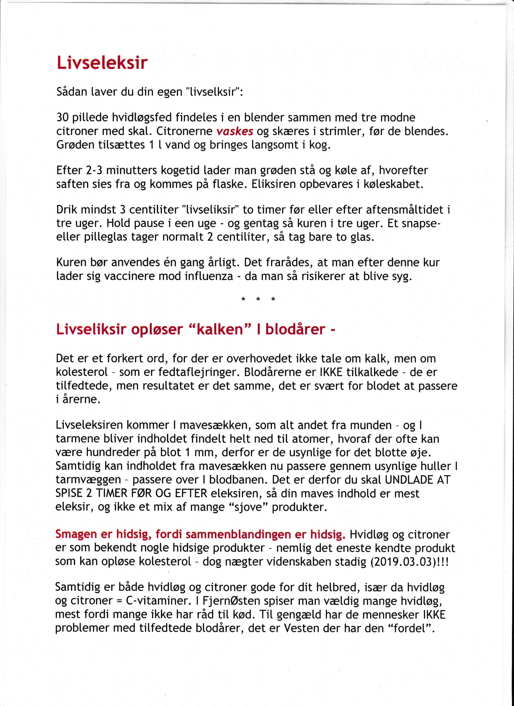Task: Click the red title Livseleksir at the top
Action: point(102,63)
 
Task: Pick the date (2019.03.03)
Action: point(403,561)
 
